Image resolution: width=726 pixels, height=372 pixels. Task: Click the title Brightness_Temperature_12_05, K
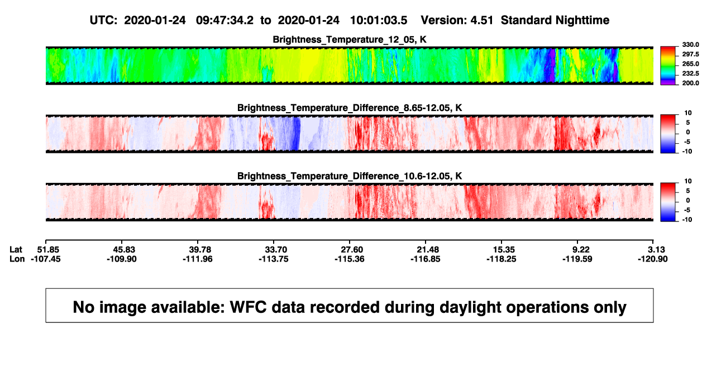click(350, 40)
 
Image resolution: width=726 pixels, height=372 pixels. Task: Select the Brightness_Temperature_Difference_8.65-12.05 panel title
click(350, 108)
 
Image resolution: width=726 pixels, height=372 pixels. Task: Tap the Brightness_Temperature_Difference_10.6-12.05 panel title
click(350, 176)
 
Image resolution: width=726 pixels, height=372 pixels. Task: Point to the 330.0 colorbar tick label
click(690, 45)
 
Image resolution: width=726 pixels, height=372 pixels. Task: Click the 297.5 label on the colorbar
click(690, 54)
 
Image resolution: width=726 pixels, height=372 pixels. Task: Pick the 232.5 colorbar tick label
click(690, 74)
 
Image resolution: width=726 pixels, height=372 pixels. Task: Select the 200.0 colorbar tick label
click(690, 83)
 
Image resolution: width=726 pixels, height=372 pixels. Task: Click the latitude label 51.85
click(48, 250)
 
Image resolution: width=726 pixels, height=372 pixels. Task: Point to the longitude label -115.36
click(350, 259)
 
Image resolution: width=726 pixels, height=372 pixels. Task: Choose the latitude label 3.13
click(656, 250)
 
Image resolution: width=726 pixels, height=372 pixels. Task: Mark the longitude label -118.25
click(501, 259)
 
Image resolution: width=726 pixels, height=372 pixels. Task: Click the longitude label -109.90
click(122, 259)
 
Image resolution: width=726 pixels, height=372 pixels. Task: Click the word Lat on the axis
click(16, 250)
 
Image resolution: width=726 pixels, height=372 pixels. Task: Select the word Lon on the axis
click(17, 259)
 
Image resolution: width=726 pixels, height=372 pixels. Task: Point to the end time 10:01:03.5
click(379, 20)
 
